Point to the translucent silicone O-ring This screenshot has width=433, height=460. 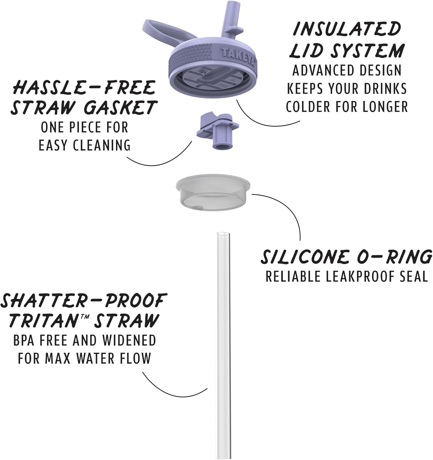pos(213,193)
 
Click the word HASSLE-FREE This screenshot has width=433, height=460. pos(84,88)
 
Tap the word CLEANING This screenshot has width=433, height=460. pos(102,145)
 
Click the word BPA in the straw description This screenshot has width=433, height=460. pos(25,341)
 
